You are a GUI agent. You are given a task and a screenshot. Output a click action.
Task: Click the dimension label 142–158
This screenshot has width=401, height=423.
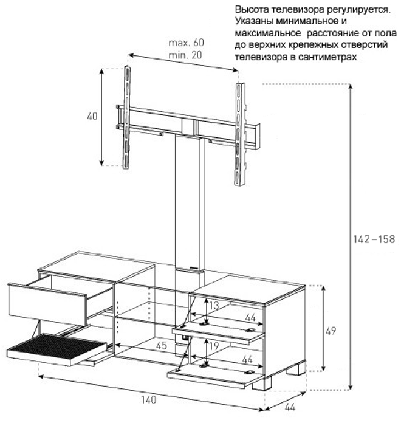click(x=374, y=239)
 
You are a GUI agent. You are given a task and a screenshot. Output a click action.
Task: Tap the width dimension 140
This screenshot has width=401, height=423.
click(x=149, y=399)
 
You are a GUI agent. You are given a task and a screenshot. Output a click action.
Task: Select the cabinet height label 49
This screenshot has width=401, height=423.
click(x=331, y=331)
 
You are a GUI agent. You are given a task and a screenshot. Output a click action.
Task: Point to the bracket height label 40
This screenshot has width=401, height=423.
click(x=92, y=116)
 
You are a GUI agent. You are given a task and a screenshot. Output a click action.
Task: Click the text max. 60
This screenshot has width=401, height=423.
click(x=186, y=43)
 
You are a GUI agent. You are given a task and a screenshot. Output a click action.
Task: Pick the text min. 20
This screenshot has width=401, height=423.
click(x=185, y=55)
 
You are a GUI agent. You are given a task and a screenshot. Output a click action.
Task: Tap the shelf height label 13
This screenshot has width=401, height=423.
click(x=214, y=306)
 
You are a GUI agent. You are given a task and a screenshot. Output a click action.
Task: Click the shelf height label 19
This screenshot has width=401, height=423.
click(x=214, y=346)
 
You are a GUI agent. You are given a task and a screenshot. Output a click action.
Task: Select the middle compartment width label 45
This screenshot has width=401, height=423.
click(x=162, y=346)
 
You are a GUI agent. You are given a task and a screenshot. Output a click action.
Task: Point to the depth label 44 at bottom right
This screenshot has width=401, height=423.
click(x=290, y=407)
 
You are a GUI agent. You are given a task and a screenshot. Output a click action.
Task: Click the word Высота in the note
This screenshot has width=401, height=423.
click(x=252, y=10)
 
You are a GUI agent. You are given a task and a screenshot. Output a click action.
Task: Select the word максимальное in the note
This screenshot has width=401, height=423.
click(x=268, y=33)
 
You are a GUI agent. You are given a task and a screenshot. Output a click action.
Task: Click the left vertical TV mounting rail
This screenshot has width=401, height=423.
click(x=127, y=117)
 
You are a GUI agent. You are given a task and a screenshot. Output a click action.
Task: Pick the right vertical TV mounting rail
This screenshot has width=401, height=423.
click(x=240, y=134)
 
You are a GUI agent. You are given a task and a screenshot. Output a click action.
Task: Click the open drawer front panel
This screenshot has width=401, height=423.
click(x=47, y=304)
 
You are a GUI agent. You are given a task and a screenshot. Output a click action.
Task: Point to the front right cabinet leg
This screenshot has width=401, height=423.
click(x=262, y=383)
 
